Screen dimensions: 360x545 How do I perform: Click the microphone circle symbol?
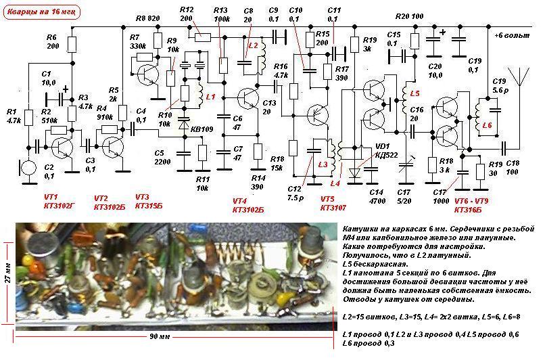[28, 167]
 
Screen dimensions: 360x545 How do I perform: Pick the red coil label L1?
[210, 97]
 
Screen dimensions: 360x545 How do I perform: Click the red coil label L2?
[254, 45]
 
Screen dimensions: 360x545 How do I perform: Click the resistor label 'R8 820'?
[148, 18]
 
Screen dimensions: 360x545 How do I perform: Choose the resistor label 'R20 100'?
[409, 16]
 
